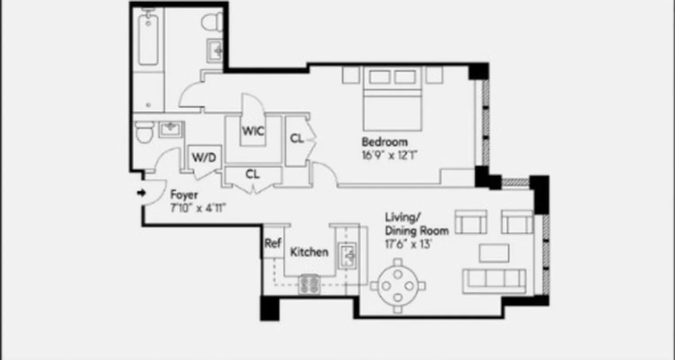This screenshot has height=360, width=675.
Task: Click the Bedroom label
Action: [385, 142]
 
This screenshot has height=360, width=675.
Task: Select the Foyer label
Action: [184, 195]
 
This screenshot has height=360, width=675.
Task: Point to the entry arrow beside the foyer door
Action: [141, 193]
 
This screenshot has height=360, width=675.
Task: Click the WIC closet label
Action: [253, 131]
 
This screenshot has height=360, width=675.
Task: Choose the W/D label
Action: [204, 157]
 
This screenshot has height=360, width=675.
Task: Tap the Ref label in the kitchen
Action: [272, 243]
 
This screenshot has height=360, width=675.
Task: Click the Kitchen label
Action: [309, 252]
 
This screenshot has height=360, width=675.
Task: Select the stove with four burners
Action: [310, 284]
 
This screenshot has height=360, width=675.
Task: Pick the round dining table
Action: [398, 285]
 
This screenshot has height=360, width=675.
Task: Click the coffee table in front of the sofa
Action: [494, 253]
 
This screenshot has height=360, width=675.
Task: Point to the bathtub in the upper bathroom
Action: [148, 40]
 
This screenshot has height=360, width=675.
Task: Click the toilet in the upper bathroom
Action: [212, 22]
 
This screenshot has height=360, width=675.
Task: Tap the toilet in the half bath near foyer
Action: [144, 133]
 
